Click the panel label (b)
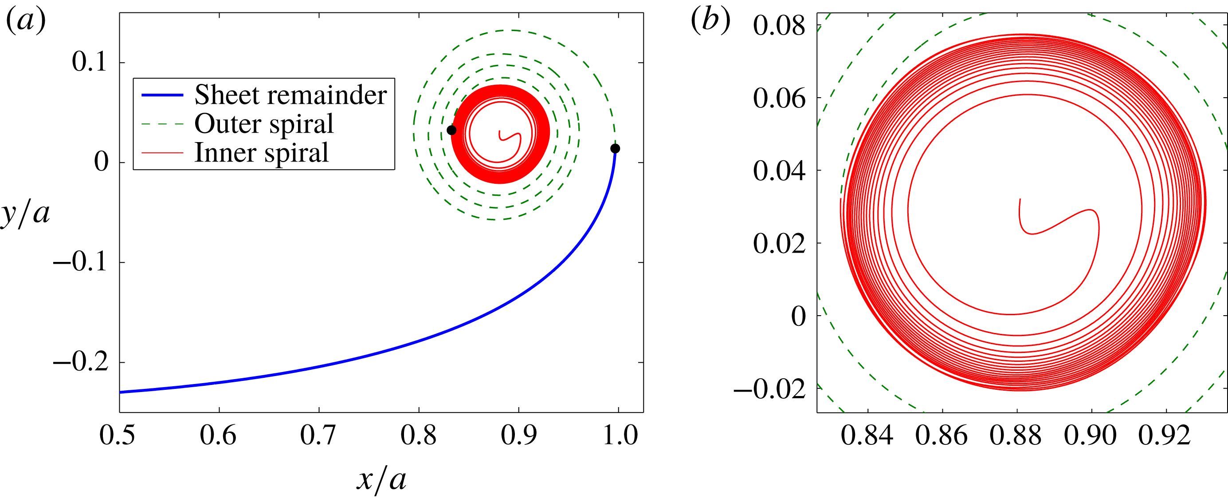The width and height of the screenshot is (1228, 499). (x=710, y=21)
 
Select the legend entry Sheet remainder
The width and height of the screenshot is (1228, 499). (x=290, y=95)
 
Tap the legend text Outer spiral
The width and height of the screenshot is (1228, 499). (x=263, y=123)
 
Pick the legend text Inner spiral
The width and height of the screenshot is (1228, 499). (x=261, y=153)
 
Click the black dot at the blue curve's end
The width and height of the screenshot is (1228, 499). (x=615, y=149)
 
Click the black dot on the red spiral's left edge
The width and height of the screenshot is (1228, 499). (x=451, y=130)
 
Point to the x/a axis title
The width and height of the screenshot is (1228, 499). (x=381, y=479)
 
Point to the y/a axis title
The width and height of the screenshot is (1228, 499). (x=25, y=213)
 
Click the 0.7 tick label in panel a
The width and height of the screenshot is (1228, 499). (x=318, y=435)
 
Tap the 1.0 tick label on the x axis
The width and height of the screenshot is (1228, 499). (x=620, y=435)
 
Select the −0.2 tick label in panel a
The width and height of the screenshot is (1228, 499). (x=81, y=362)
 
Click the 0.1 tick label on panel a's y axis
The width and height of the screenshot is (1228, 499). (x=89, y=62)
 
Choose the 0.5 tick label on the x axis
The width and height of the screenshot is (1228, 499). (x=117, y=435)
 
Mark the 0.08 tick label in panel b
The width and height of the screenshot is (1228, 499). (x=779, y=25)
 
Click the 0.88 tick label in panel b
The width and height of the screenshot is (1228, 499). (x=1016, y=435)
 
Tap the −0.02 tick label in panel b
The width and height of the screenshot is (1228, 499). (x=769, y=389)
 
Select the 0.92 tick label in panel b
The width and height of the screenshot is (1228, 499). (x=1165, y=435)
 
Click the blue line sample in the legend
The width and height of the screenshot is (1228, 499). (x=162, y=95)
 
